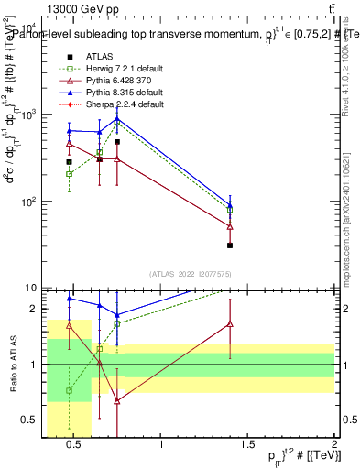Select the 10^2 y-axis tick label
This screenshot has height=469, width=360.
click(x=29, y=202)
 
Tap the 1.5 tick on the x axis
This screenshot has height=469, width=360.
click(x=247, y=445)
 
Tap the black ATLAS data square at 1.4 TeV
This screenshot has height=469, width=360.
click(x=230, y=245)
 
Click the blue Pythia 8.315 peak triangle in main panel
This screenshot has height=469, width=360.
click(x=117, y=118)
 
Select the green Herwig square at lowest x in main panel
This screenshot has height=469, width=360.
click(x=69, y=173)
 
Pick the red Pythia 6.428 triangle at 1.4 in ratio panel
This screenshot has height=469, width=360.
click(x=230, y=324)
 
